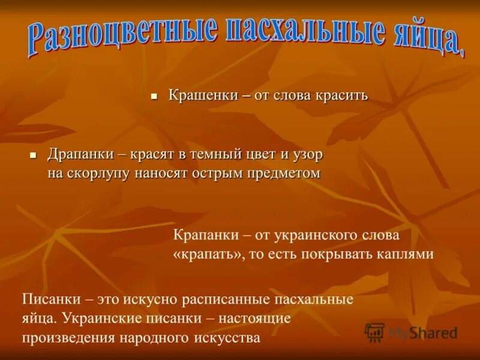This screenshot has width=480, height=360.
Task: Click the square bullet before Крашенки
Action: click(154, 96)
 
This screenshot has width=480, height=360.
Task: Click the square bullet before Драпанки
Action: click(34, 155)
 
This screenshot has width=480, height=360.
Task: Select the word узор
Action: click(308, 154)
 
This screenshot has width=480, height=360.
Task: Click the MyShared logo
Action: click(411, 332)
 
